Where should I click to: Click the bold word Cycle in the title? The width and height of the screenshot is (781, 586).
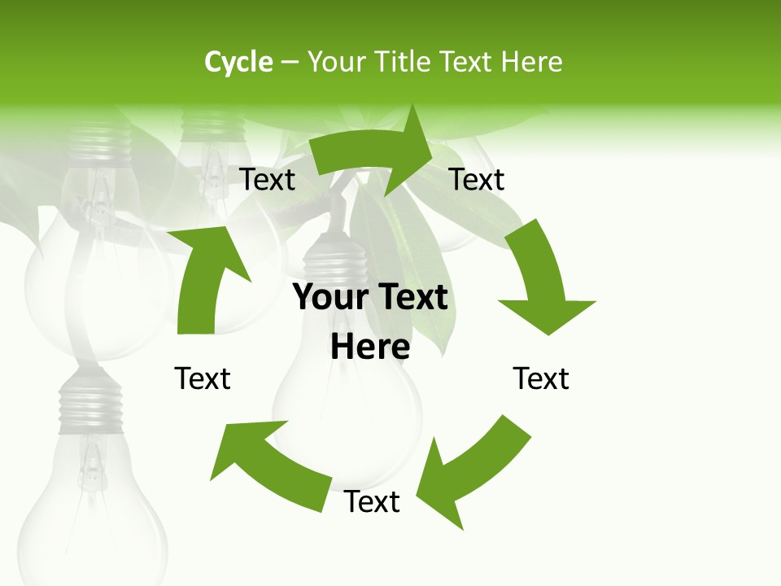pos(238,62)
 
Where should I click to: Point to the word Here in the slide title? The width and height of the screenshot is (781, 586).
pos(531,62)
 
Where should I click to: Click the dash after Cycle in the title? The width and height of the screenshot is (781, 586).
pos(290,63)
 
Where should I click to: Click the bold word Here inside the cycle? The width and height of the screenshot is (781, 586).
pos(370,348)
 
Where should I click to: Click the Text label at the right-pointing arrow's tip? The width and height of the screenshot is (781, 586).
pos(477,179)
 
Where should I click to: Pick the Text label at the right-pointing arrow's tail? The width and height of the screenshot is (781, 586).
pos(267,179)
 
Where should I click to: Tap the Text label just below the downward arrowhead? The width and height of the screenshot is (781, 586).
pos(541,378)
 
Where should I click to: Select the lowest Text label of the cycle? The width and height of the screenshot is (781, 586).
pos(372,502)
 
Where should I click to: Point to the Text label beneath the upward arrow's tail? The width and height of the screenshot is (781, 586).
pos(203,378)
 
